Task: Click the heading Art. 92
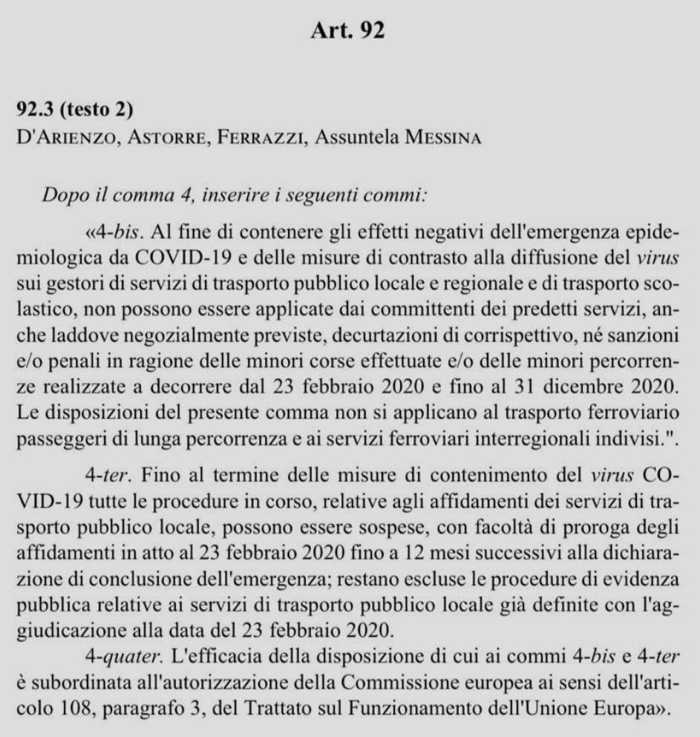click(x=350, y=33)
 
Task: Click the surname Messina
click(x=440, y=139)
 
